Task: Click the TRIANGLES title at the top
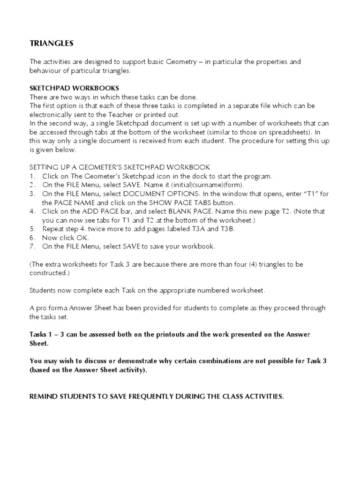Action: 52,44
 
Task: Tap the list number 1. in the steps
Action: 32,176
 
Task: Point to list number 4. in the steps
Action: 32,211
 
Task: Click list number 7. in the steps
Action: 32,247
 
